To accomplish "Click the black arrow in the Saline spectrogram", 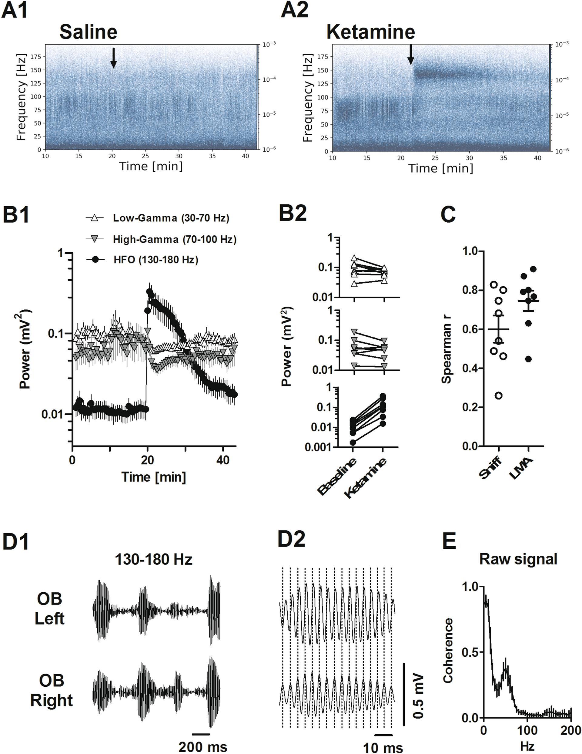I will pyautogui.click(x=113, y=58).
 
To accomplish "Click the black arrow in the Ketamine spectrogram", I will pyautogui.click(x=410, y=55).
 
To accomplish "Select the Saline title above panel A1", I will pyautogui.click(x=88, y=32).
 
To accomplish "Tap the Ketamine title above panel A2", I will pyautogui.click(x=371, y=32).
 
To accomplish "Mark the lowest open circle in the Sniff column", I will pyautogui.click(x=499, y=396).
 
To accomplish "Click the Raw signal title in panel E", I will pyautogui.click(x=518, y=559).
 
